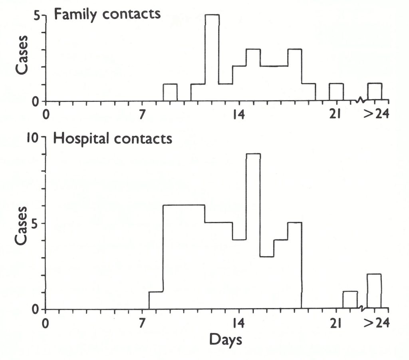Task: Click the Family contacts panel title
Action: [x=107, y=14]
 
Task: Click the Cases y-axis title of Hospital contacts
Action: [x=22, y=225]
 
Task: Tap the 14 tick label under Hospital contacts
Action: [x=239, y=322]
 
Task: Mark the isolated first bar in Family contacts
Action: [x=170, y=93]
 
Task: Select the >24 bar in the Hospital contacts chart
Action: [x=374, y=292]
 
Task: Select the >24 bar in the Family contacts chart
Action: [x=375, y=92]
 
